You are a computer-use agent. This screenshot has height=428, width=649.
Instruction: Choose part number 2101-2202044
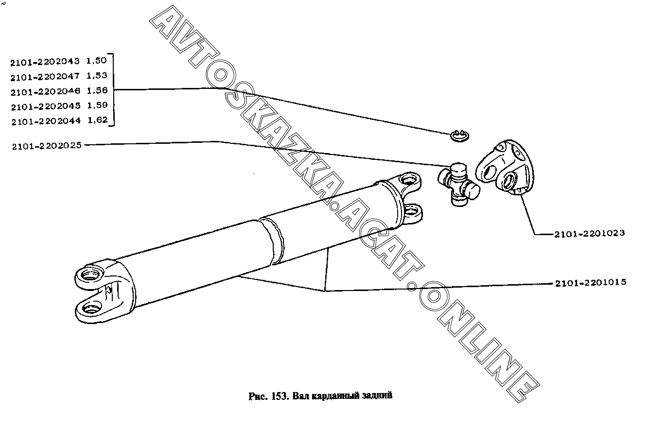tap(46, 121)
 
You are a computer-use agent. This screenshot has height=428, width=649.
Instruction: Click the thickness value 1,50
tap(97, 61)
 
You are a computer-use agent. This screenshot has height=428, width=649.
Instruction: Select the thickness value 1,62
tap(98, 120)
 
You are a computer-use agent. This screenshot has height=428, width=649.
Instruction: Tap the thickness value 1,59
tap(97, 105)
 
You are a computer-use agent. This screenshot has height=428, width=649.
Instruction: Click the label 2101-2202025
tap(46, 145)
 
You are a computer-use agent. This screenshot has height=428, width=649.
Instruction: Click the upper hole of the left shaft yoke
tap(91, 274)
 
